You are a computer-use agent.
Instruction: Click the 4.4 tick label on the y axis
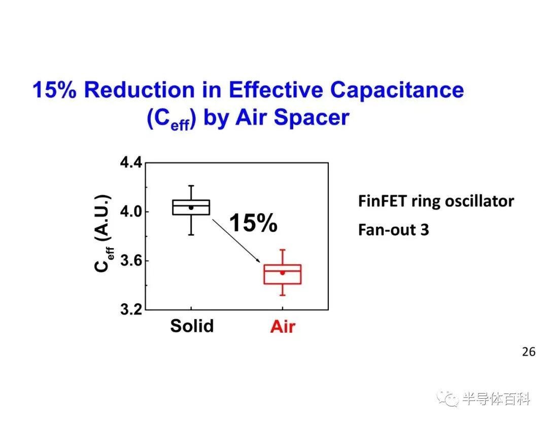131,162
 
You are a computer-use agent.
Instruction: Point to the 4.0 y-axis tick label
131,211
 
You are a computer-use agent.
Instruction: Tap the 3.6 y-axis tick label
131,261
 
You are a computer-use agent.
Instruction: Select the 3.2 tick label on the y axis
131,309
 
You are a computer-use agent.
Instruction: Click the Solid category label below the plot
192,326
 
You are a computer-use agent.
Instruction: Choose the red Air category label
283,327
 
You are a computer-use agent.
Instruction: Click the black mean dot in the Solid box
191,207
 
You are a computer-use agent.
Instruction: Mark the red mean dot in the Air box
283,273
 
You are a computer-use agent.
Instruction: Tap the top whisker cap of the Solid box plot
191,186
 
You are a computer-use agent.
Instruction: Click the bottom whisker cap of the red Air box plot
283,296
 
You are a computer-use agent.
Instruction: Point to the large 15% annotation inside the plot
253,223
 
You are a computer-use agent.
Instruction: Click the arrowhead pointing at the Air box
258,260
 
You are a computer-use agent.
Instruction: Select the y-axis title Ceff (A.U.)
103,233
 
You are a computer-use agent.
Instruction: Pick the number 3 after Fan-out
425,230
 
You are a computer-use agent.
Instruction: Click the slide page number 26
529,351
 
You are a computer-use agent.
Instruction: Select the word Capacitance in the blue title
397,90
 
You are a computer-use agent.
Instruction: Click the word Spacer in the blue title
312,118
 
